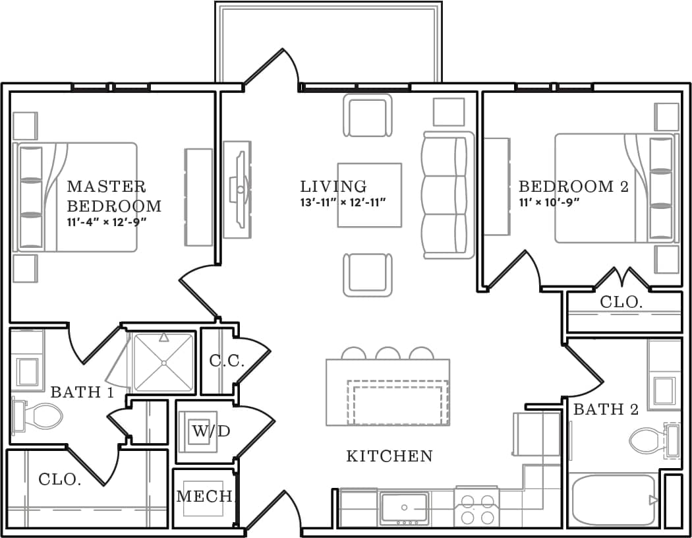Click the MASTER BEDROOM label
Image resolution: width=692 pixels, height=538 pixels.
(113, 196)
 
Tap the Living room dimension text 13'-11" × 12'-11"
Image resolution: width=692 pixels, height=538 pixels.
(342, 202)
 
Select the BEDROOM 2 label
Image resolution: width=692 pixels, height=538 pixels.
(573, 187)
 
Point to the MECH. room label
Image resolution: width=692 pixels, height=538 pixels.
(205, 496)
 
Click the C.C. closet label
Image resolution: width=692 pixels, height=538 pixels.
(227, 361)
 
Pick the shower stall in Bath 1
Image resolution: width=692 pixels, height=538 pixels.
(163, 362)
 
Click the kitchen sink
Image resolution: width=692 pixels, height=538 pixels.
(404, 507)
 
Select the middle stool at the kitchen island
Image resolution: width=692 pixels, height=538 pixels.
(388, 353)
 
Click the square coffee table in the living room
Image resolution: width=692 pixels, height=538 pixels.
(369, 195)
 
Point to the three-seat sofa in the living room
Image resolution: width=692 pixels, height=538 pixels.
(448, 194)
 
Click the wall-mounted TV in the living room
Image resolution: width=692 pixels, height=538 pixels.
(237, 189)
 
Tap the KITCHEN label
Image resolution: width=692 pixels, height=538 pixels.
(389, 456)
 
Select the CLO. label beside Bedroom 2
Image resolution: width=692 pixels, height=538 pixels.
(621, 303)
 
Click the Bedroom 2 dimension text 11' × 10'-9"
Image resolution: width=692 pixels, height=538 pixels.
(549, 202)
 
